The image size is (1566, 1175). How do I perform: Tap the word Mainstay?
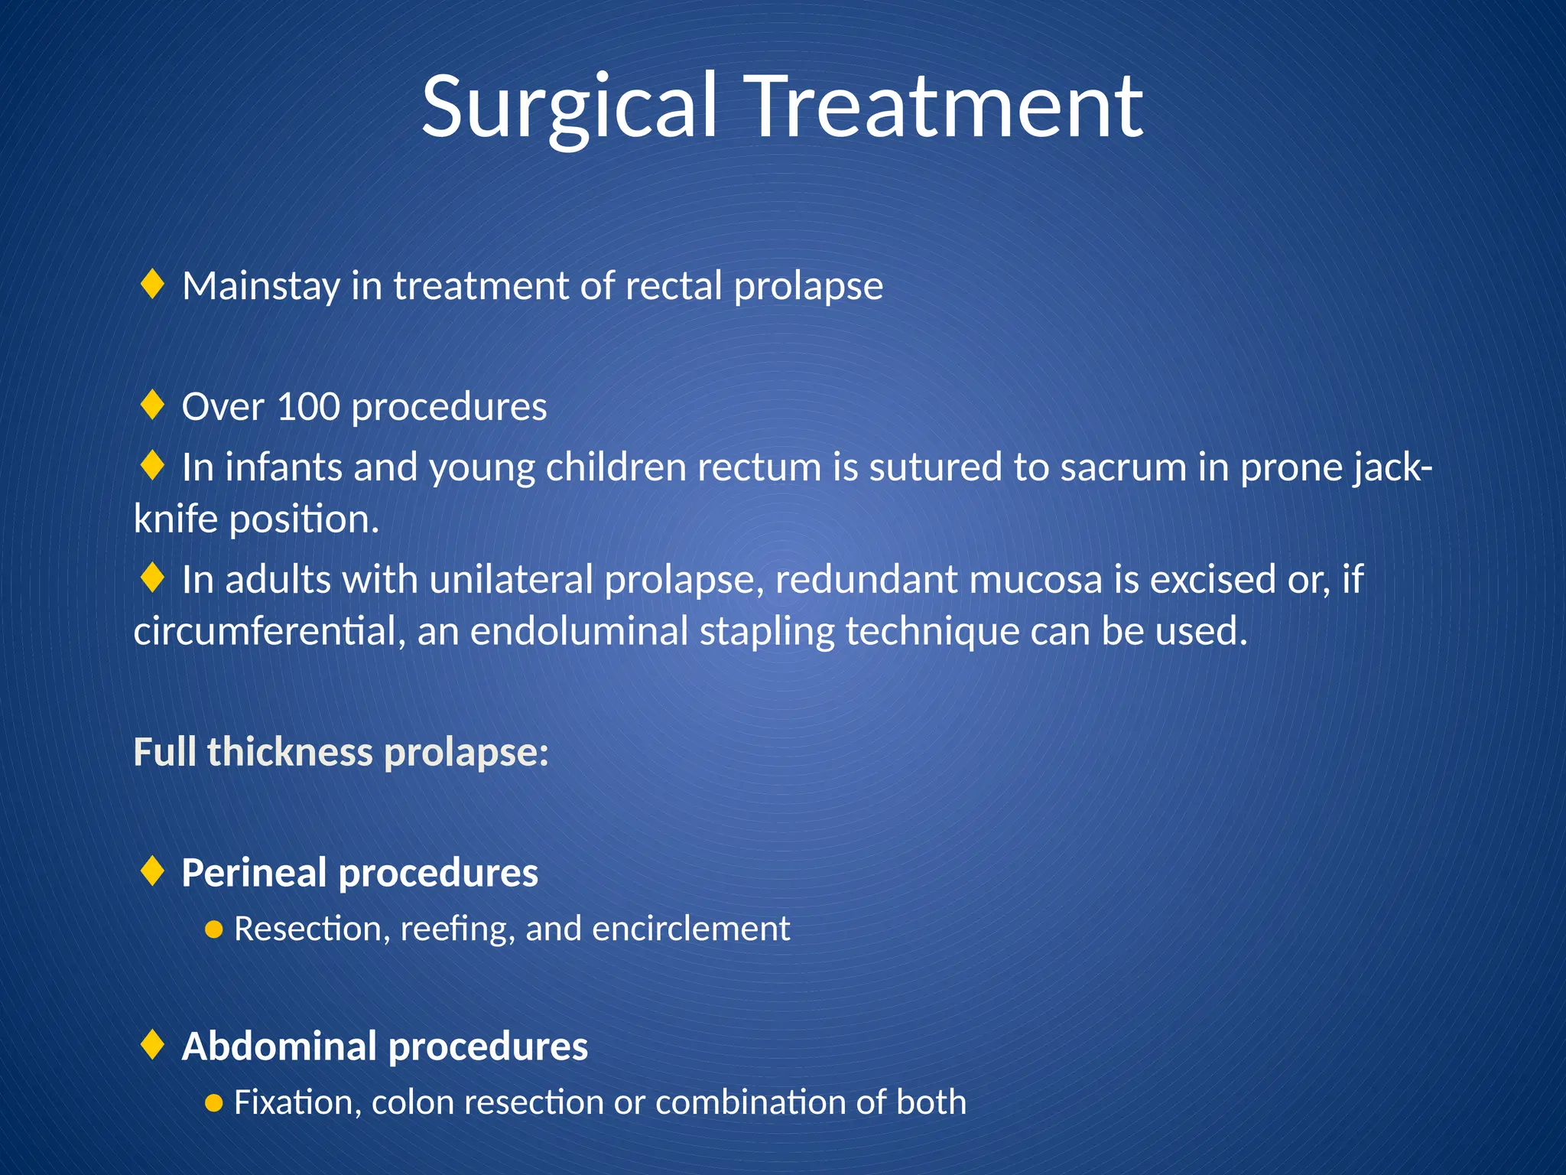[x=261, y=286]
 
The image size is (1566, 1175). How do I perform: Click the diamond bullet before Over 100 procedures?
[x=153, y=405]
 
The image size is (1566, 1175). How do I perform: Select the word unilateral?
[x=511, y=580]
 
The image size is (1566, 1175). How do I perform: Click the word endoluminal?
[x=579, y=632]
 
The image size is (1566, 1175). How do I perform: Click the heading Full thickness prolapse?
[x=341, y=752]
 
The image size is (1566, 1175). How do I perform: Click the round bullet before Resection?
[x=214, y=930]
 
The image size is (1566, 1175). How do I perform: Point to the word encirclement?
[x=690, y=929]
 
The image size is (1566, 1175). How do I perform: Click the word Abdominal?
[x=278, y=1046]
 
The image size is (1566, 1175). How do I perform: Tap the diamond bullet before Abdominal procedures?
[x=153, y=1045]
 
